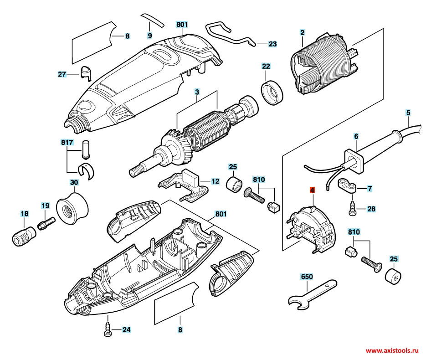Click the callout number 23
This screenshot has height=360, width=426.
(x=272, y=44)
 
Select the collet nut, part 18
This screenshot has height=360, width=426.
(x=23, y=235)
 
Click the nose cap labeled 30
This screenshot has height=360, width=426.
(x=72, y=208)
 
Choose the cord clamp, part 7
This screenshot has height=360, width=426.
(x=349, y=186)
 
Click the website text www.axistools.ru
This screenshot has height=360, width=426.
(x=393, y=351)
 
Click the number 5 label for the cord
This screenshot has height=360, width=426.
(x=408, y=112)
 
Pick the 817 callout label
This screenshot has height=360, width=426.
(x=67, y=142)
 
